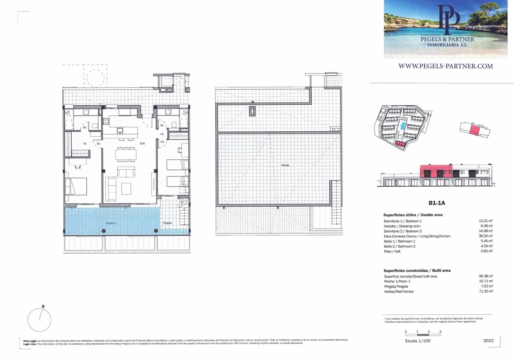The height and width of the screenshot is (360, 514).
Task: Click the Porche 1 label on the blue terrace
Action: point(111,223)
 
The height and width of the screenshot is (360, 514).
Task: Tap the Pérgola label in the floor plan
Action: point(167,223)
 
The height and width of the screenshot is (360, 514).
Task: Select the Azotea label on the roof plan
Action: point(285,165)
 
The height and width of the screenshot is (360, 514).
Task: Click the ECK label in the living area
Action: point(142,144)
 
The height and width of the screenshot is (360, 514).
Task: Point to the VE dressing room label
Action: point(85,144)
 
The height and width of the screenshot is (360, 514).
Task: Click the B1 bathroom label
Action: point(85,127)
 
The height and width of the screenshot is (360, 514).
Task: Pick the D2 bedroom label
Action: point(162,142)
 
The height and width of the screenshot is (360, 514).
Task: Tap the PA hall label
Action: point(162,134)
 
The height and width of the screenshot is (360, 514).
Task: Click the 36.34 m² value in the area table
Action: point(485,236)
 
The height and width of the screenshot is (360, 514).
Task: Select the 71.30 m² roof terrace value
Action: point(485,291)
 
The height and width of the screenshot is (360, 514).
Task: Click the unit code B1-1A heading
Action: point(437,203)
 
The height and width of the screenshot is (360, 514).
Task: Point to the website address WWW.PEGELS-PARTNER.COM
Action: point(446,66)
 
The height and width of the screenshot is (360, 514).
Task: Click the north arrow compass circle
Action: point(40,320)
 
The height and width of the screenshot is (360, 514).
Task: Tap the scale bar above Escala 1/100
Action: point(423,335)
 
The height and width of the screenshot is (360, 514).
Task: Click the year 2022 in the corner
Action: point(488,340)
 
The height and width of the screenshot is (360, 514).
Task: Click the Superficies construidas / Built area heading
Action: point(417,270)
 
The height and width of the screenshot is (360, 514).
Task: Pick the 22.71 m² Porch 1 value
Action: point(485,281)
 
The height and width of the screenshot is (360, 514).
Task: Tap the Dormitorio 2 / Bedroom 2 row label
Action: point(403,231)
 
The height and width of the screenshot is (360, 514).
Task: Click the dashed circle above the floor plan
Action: point(95,77)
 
